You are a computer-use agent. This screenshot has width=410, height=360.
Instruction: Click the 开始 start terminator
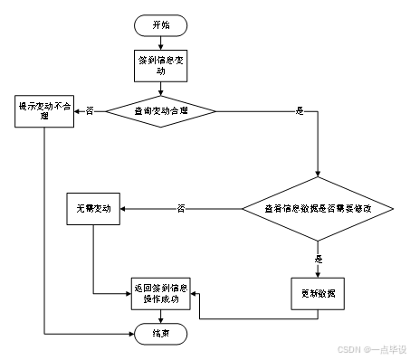[161, 25]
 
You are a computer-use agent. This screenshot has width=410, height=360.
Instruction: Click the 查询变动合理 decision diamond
[161, 111]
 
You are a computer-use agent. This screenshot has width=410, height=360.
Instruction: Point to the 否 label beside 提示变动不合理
[90, 110]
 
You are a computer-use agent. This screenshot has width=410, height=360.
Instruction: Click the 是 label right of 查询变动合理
[300, 111]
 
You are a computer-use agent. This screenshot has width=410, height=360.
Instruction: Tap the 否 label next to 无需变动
[181, 209]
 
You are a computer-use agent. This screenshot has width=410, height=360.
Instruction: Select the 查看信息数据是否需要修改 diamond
[318, 209]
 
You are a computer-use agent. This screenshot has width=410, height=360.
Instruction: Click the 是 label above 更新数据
[319, 260]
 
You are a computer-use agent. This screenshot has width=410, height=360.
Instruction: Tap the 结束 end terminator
[161, 333]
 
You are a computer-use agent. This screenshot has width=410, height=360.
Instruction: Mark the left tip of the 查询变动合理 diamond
[109, 111]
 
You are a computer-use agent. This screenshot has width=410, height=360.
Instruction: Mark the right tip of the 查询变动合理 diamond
[214, 111]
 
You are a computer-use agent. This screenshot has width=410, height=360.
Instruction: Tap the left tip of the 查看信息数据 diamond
[243, 209]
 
